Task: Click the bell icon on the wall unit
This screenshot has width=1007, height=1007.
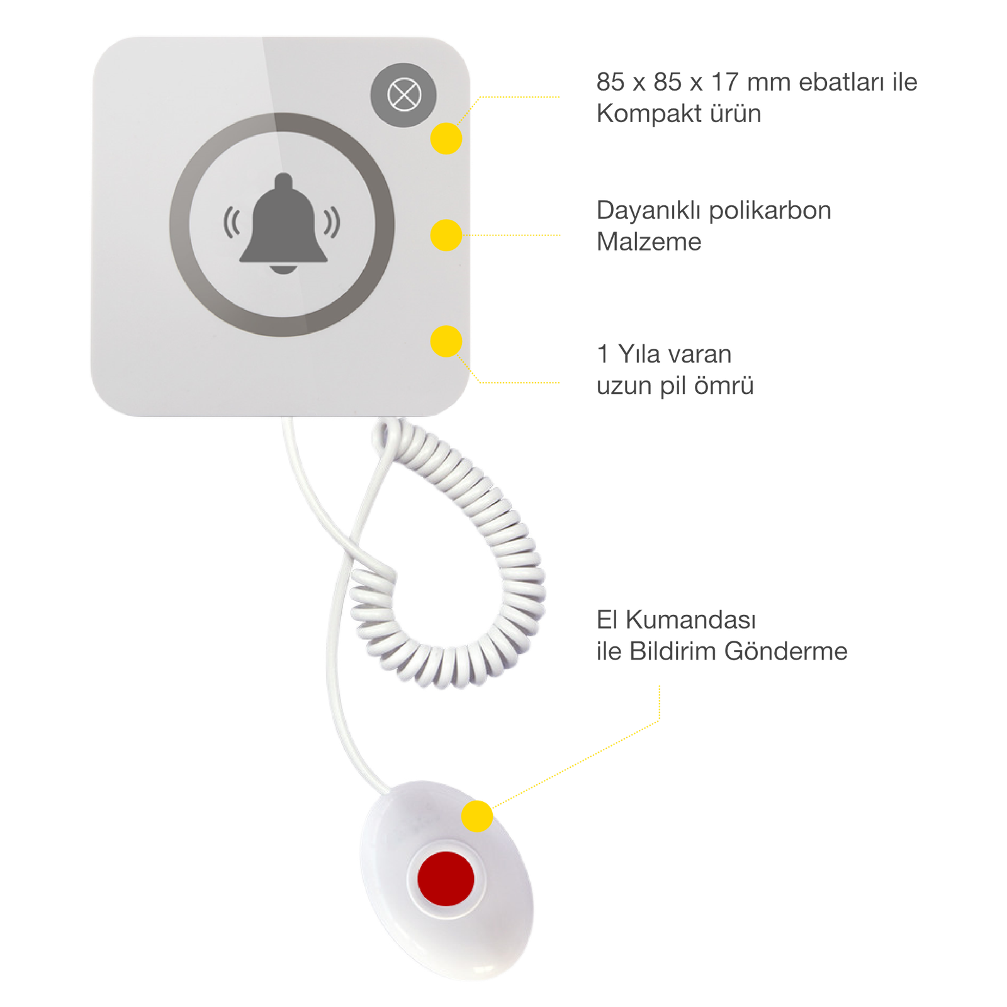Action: pos(283,223)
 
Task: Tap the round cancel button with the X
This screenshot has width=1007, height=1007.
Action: pos(403,96)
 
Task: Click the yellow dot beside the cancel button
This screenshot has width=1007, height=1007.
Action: pos(446,138)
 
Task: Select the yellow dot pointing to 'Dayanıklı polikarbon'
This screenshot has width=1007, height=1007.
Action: pos(446,235)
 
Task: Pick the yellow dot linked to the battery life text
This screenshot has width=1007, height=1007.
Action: pos(446,341)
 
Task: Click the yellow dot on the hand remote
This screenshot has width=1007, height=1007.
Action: pos(477,817)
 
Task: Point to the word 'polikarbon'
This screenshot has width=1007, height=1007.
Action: pos(770,210)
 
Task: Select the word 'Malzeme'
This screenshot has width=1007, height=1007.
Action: pos(648,242)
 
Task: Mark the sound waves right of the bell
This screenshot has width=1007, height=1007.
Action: pos(332,222)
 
